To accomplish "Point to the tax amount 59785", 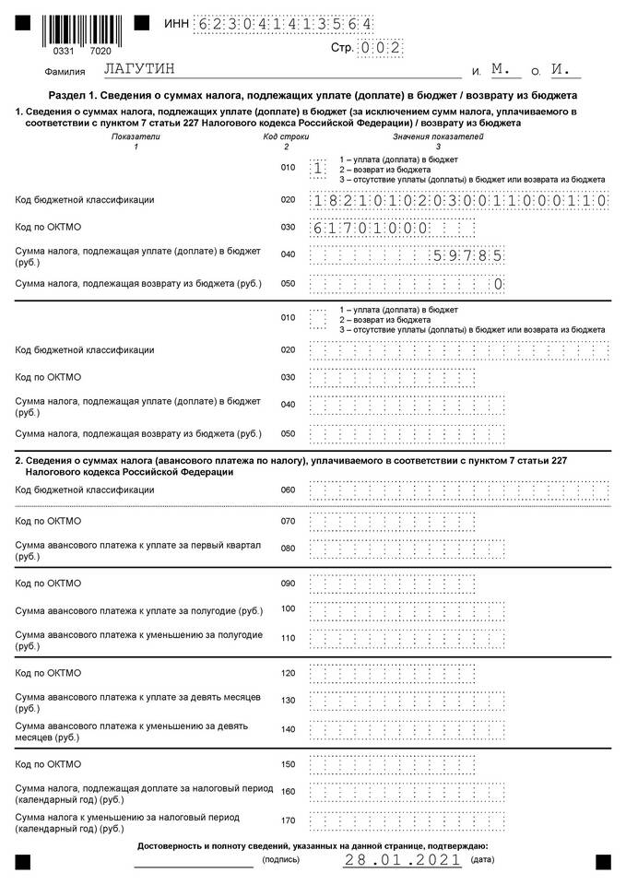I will (x=467, y=255).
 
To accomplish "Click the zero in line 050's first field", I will (x=498, y=284).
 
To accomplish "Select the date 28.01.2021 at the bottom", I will (x=402, y=860).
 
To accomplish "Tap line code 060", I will (x=288, y=490).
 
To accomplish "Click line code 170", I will (x=288, y=820).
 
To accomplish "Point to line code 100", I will (x=288, y=608).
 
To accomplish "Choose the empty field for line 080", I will (x=407, y=549).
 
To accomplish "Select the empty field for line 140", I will (x=407, y=729).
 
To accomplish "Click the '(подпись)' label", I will (x=280, y=860).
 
